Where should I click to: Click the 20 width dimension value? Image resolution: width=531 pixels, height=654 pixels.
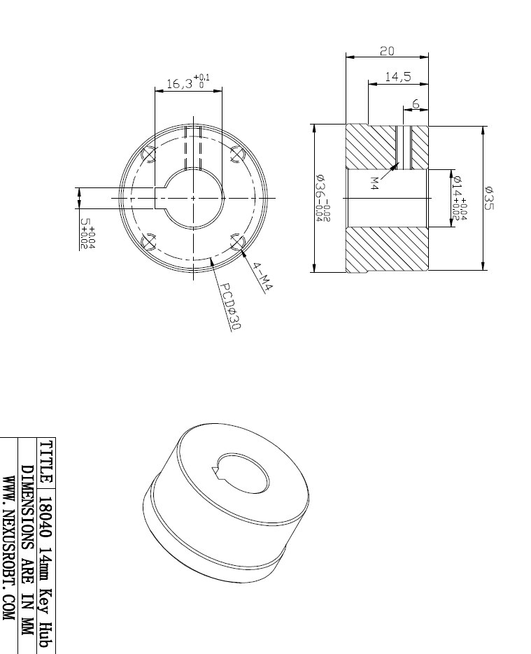[x=387, y=51]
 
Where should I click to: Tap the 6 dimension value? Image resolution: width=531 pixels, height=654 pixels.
[x=416, y=104]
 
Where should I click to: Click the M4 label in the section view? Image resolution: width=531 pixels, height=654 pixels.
[x=374, y=183]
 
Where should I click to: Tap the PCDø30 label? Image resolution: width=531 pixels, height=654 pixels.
[x=228, y=306]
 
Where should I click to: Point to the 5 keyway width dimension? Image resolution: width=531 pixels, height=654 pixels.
[x=87, y=234]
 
